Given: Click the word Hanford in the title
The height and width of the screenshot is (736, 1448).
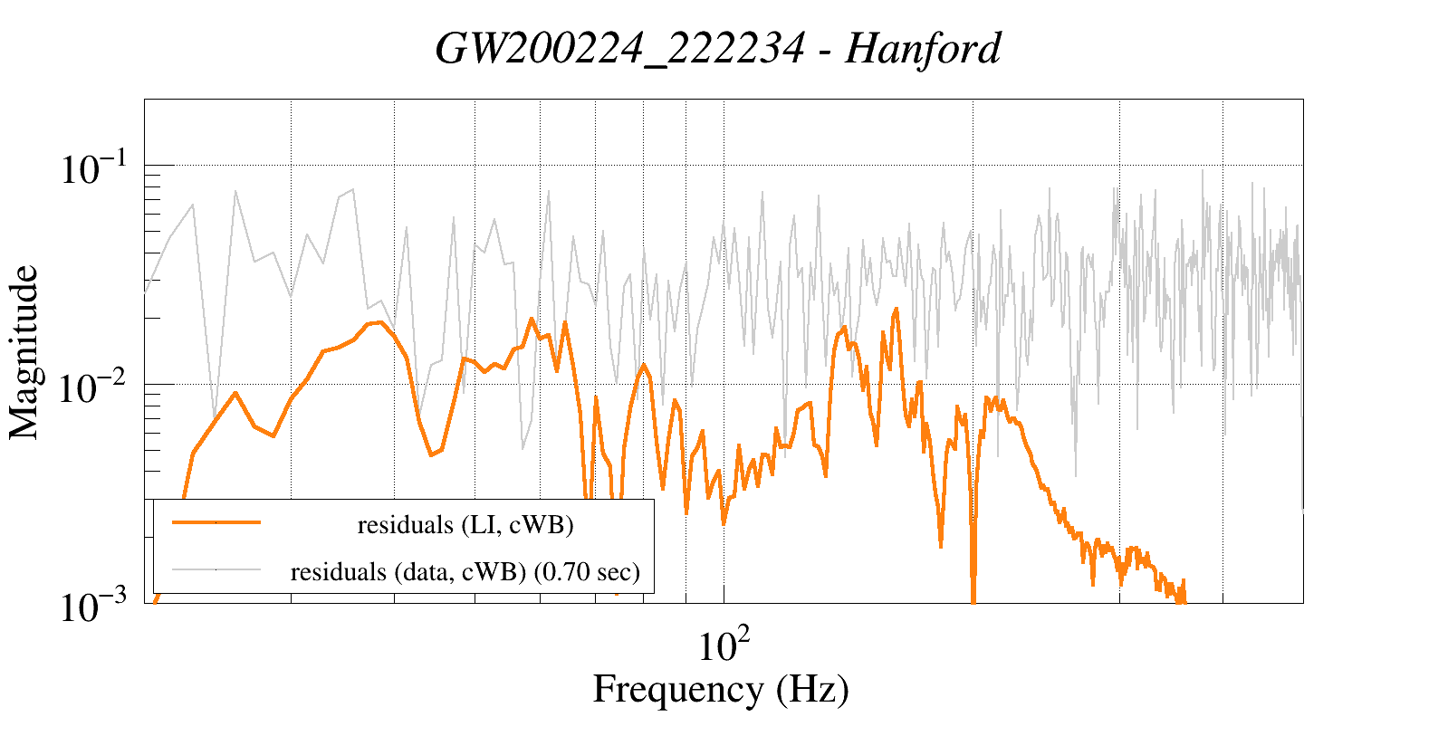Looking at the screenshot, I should [923, 49].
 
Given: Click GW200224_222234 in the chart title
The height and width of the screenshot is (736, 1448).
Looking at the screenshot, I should [619, 49].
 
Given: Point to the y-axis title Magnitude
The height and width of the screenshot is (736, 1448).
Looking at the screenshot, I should [24, 352].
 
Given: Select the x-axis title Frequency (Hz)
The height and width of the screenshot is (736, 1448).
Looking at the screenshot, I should [721, 690].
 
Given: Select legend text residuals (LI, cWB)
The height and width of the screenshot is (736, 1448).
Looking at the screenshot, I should [465, 525].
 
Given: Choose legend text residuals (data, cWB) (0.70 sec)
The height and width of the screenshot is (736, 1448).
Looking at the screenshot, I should [465, 572].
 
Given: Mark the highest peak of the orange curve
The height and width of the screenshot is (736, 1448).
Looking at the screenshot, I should [896, 309].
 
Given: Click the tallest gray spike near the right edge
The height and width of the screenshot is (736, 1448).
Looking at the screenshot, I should [1203, 170].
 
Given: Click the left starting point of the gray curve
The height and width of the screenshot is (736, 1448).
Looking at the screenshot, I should [146, 292].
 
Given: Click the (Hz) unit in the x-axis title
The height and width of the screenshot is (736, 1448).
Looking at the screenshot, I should [812, 690].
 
